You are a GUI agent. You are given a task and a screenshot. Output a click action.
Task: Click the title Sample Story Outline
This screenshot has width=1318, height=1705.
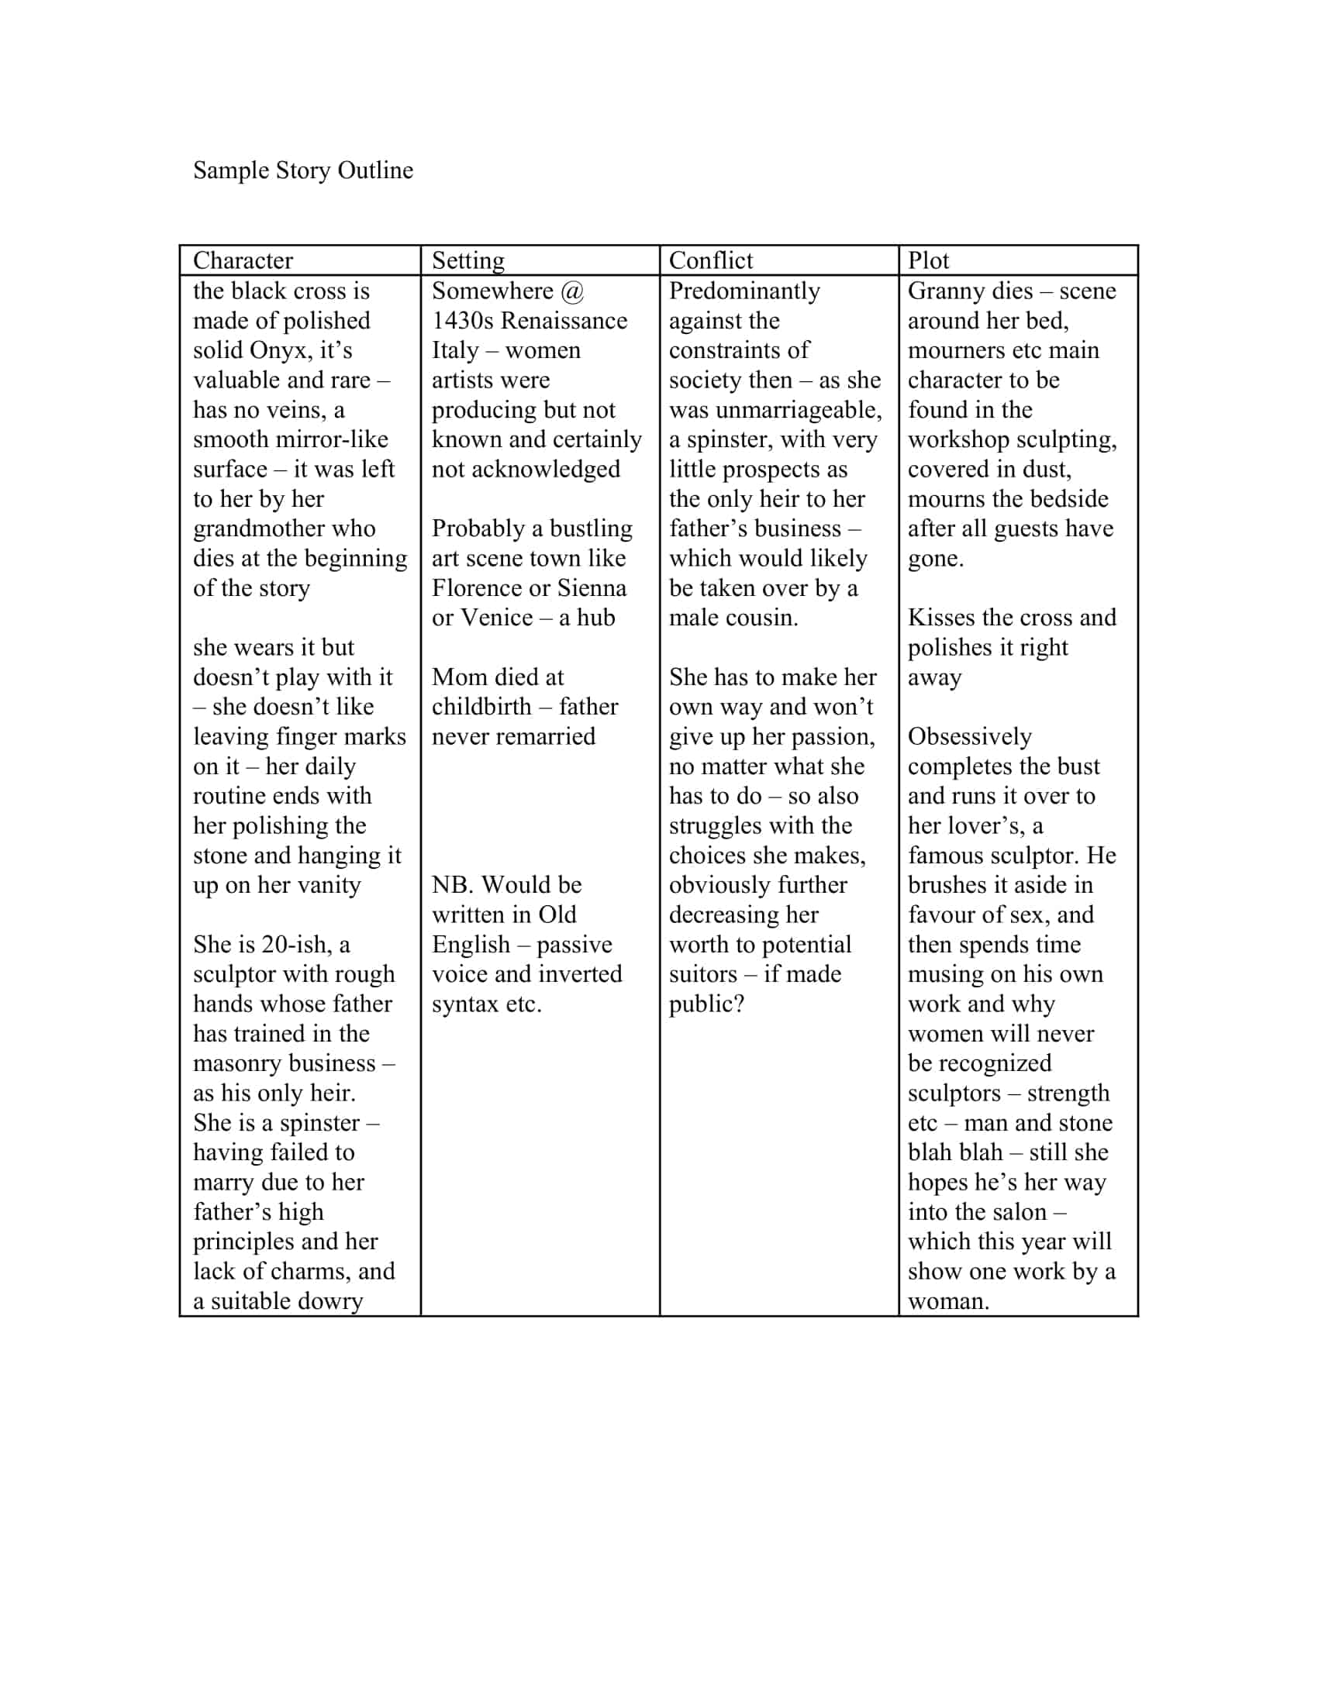click(x=303, y=170)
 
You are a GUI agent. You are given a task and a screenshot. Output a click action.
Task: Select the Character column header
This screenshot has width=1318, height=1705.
click(x=243, y=260)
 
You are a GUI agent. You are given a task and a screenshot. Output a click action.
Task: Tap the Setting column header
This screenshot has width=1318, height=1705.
click(x=468, y=260)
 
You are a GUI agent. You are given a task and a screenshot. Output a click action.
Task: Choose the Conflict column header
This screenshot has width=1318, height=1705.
click(x=710, y=260)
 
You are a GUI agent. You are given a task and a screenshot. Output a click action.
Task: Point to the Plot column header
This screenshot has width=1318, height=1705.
click(x=927, y=260)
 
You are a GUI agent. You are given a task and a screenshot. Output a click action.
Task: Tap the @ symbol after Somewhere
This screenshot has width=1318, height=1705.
click(x=572, y=291)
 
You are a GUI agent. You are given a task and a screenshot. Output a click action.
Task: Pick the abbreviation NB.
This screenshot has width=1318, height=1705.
click(x=451, y=885)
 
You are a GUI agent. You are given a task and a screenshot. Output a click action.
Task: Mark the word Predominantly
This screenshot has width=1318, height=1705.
click(x=744, y=291)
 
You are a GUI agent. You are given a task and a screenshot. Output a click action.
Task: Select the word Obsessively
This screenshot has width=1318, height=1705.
click(x=969, y=736)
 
